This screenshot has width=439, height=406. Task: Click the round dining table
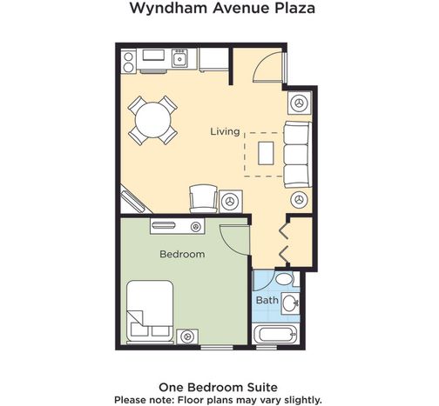pos(152,120)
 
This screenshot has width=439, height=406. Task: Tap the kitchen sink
pos(179,58)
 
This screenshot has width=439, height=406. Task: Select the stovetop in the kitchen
pos(128,62)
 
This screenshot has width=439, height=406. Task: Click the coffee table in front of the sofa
pos(266,153)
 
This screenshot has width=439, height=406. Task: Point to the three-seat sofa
pos(298,155)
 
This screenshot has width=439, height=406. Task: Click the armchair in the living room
pos(203,199)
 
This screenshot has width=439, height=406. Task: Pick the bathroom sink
pos(290,303)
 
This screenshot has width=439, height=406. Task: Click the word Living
pos(225,132)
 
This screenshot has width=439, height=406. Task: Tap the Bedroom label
pos(182,254)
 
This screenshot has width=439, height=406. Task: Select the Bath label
pos(267,300)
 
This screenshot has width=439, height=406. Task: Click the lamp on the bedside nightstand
pos(186,336)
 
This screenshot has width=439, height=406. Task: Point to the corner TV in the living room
pos(133,202)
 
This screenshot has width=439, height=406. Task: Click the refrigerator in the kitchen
pos(213,60)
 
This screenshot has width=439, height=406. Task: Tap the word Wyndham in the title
pos(169,8)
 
